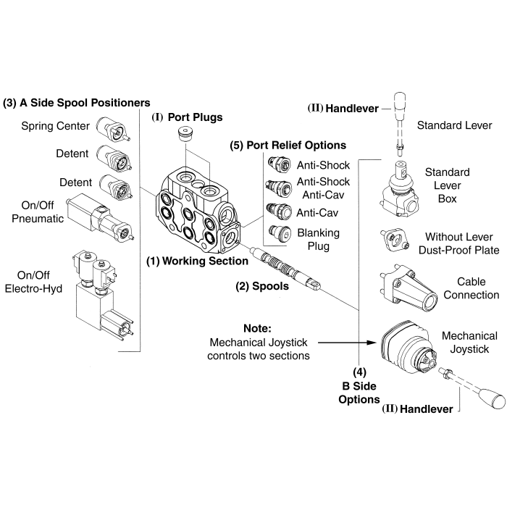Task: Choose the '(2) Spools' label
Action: click(x=262, y=285)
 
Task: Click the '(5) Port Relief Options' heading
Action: click(x=288, y=145)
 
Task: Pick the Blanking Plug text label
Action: click(x=314, y=240)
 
